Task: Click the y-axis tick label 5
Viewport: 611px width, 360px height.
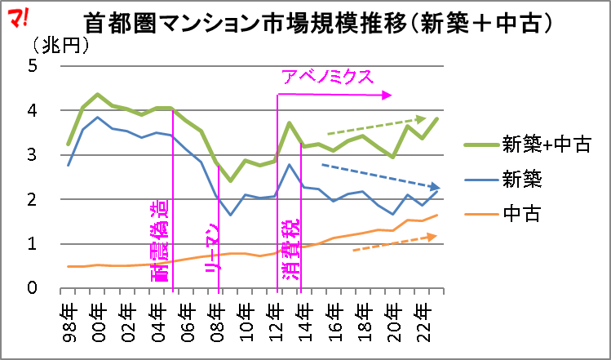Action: (x=33, y=66)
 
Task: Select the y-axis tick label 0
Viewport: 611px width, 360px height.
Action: (x=33, y=288)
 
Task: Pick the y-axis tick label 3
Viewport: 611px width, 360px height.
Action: (x=33, y=155)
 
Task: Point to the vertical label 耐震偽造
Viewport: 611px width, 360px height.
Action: (x=160, y=239)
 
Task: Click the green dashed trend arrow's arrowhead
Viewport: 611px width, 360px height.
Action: (x=423, y=118)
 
